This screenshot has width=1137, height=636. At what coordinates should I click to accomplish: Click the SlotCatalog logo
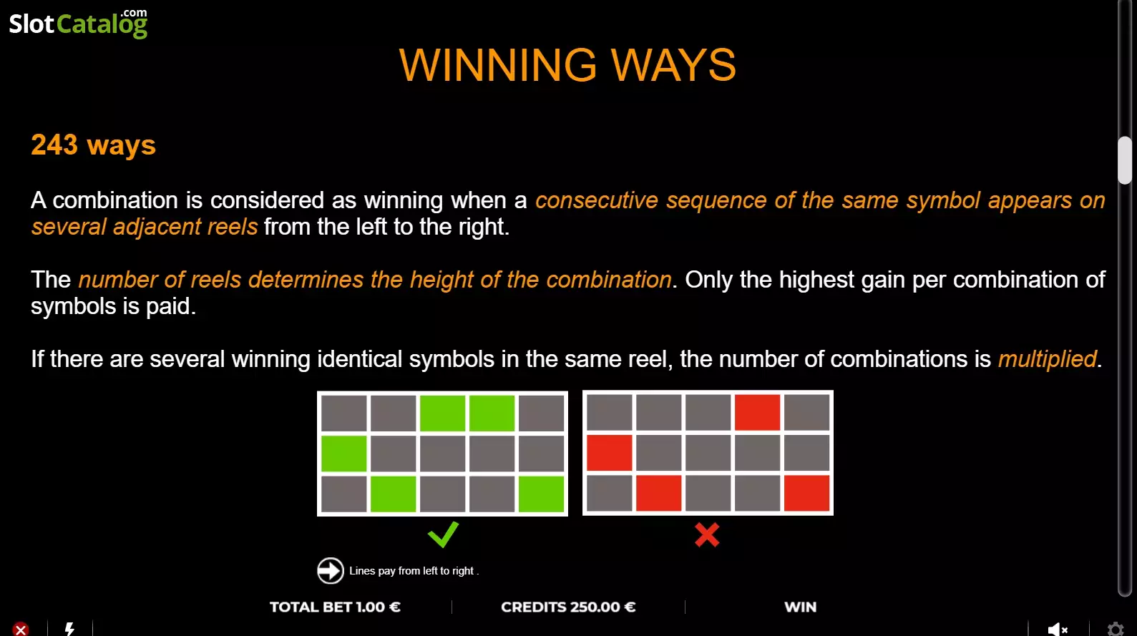coord(78,24)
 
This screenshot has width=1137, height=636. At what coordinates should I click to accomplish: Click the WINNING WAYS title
coord(567,65)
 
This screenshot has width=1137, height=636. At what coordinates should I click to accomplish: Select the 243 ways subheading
coord(94,145)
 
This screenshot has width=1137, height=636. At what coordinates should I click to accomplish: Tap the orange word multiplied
coord(1047,359)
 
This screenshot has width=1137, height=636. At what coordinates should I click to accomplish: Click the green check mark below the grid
coord(443,534)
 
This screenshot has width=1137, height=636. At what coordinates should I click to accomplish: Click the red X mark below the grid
coord(707,534)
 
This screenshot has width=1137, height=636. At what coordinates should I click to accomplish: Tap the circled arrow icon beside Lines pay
coord(331,570)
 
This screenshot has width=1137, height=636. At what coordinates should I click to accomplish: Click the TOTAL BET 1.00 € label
coord(335,607)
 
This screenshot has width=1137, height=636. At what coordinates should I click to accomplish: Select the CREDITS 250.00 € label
coord(568,607)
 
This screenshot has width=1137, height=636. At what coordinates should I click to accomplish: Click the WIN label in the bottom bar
coord(801,607)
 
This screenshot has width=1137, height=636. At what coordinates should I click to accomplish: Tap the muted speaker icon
coord(1058,630)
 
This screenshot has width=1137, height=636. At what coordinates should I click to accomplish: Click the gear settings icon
coord(1115,630)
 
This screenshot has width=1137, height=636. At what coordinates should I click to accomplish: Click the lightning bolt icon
coord(69,629)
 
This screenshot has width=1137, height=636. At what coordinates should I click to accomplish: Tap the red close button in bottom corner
coord(20,630)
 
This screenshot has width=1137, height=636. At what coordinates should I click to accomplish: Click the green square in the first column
coord(343,454)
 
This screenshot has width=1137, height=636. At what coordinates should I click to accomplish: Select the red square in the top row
coord(757,412)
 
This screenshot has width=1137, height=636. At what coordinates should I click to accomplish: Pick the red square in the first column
coord(610,453)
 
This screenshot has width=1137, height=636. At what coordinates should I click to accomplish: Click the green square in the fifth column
coord(541,494)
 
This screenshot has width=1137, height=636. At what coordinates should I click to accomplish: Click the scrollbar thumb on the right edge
coord(1125,160)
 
